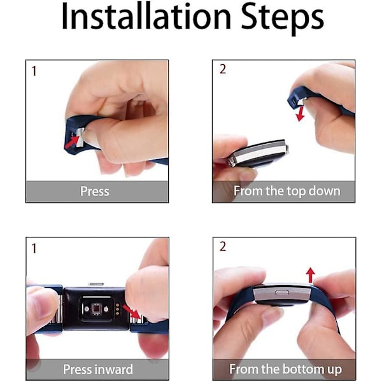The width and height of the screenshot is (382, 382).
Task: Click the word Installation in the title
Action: coord(146,17)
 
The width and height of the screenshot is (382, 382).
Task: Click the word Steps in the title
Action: coord(282,19)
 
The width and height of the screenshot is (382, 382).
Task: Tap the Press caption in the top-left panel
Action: coord(94,191)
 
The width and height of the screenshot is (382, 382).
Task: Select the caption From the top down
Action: coord(286,191)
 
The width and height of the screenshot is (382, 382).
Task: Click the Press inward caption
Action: coord(97,369)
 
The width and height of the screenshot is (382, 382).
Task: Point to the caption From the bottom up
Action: coord(285,369)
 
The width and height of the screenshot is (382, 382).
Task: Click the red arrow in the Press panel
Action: coord(72,142)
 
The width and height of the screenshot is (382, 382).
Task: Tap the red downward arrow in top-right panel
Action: coord(301,113)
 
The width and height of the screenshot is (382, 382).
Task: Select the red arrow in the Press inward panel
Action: coord(132,312)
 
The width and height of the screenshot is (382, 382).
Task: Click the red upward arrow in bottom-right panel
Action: coord(311,275)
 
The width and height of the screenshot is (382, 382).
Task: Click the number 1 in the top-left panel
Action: coord(34,71)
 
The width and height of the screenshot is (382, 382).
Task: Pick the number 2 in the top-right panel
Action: coord(223,69)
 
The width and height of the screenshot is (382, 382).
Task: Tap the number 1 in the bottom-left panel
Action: coord(34,248)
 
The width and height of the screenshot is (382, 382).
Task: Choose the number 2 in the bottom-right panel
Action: coord(223,246)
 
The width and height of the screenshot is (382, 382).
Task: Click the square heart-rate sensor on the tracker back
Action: coord(95,309)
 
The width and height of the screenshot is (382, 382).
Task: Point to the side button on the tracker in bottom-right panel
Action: coord(282,292)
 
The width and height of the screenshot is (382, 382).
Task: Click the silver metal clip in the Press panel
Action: coord(80,138)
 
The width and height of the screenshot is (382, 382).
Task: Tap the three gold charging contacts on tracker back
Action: coord(117,309)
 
